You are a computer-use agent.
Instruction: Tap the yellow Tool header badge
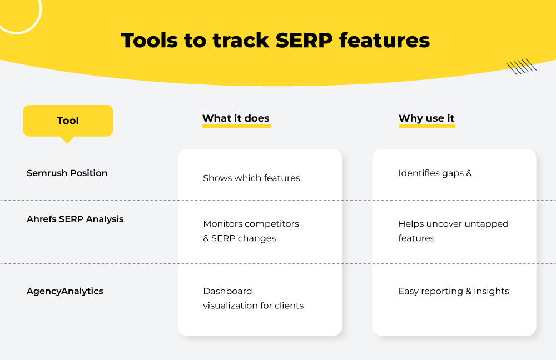(68, 121)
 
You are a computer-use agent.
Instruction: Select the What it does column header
(236, 118)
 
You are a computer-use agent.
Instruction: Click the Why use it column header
(426, 118)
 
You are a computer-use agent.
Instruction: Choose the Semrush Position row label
(67, 173)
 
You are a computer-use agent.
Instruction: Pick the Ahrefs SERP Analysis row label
(75, 219)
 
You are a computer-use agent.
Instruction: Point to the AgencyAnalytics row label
(65, 291)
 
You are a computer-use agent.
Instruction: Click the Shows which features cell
(251, 178)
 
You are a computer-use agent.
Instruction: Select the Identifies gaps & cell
(435, 173)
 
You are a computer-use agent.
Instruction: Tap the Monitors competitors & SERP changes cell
(251, 231)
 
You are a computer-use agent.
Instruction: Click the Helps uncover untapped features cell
(453, 231)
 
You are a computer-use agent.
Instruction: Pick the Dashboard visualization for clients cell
(253, 298)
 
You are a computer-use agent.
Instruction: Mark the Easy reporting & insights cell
(453, 291)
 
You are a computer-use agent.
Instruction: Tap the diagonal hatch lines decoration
(522, 67)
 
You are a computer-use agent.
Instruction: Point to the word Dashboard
(227, 291)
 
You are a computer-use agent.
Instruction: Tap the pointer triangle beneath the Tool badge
(67, 140)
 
